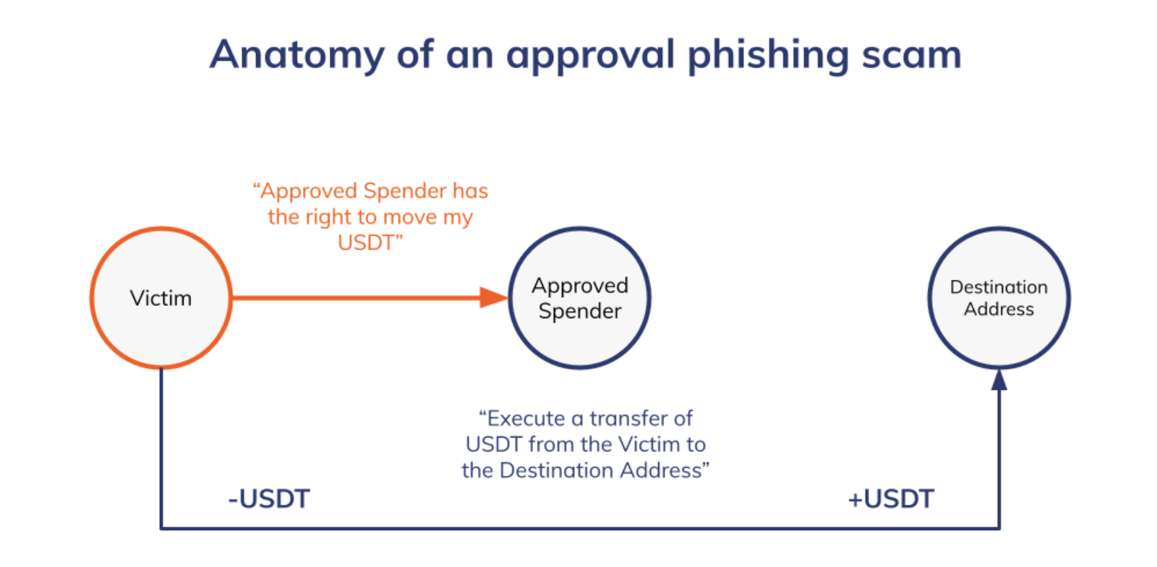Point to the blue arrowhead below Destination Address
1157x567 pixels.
(999, 380)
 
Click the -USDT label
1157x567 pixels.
(269, 499)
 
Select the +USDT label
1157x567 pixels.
(891, 499)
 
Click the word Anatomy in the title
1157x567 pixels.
(296, 54)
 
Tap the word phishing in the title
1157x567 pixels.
(768, 56)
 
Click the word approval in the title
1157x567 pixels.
(590, 56)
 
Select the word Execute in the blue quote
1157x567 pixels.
(526, 419)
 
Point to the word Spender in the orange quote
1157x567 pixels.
(405, 191)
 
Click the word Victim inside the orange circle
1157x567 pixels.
(161, 298)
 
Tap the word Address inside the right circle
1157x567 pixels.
(999, 310)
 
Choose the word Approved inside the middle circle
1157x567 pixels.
(580, 286)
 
